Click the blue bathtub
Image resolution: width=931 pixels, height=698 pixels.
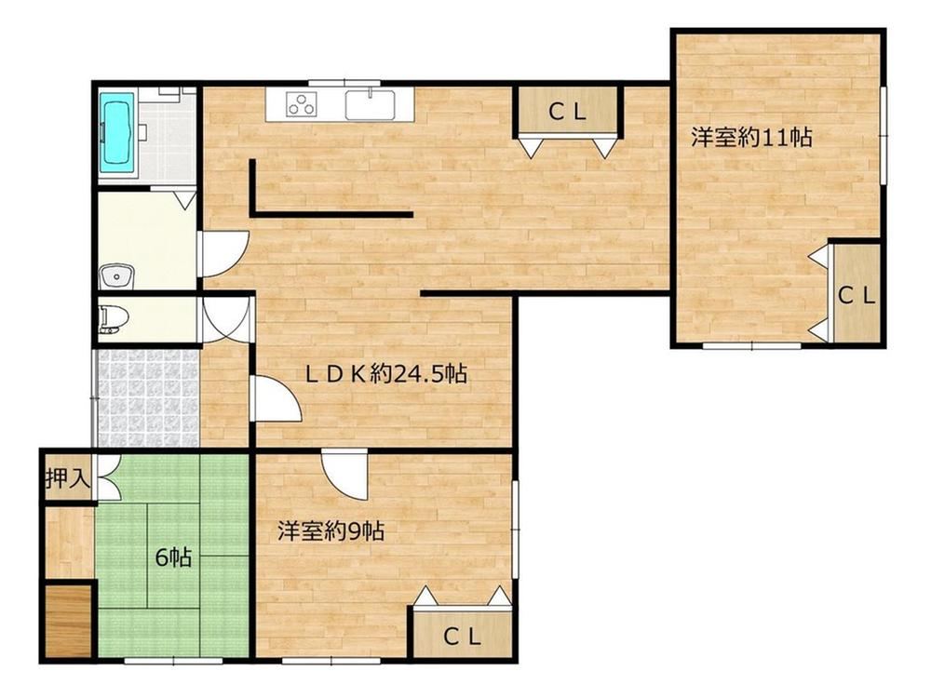point(115,133)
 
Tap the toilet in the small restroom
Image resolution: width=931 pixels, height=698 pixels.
point(111,320)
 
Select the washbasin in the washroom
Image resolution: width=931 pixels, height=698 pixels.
point(117,276)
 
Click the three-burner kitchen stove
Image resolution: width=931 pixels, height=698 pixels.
point(302,105)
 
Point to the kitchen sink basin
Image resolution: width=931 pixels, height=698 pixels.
point(371,106)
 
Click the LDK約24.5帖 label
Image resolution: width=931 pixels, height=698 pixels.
point(385,374)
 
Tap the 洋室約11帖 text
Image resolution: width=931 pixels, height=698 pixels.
point(751,138)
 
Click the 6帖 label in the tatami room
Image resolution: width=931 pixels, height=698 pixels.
point(173,557)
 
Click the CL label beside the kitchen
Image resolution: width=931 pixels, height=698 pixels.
point(568,112)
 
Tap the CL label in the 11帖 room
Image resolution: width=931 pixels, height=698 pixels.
point(857,295)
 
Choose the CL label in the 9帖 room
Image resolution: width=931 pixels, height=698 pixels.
point(462,637)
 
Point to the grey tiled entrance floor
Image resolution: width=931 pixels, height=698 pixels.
point(145,397)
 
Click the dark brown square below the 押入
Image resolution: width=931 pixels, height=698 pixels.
point(68,620)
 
